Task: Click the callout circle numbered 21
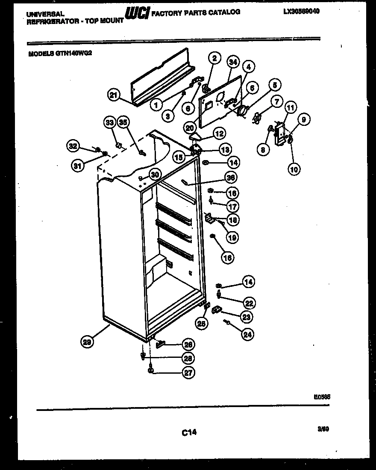[x=114, y=96]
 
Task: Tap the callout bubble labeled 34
[x=232, y=62]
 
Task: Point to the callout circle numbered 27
[x=188, y=373]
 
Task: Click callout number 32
[x=73, y=147]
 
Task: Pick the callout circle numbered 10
[x=294, y=169]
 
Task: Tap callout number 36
[x=231, y=177]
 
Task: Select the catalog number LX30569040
[x=301, y=12]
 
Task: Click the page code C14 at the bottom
[x=188, y=432]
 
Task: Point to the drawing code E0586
[x=323, y=397]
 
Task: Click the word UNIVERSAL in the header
[x=45, y=14]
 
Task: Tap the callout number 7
[x=276, y=102]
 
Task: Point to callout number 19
[x=233, y=237]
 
